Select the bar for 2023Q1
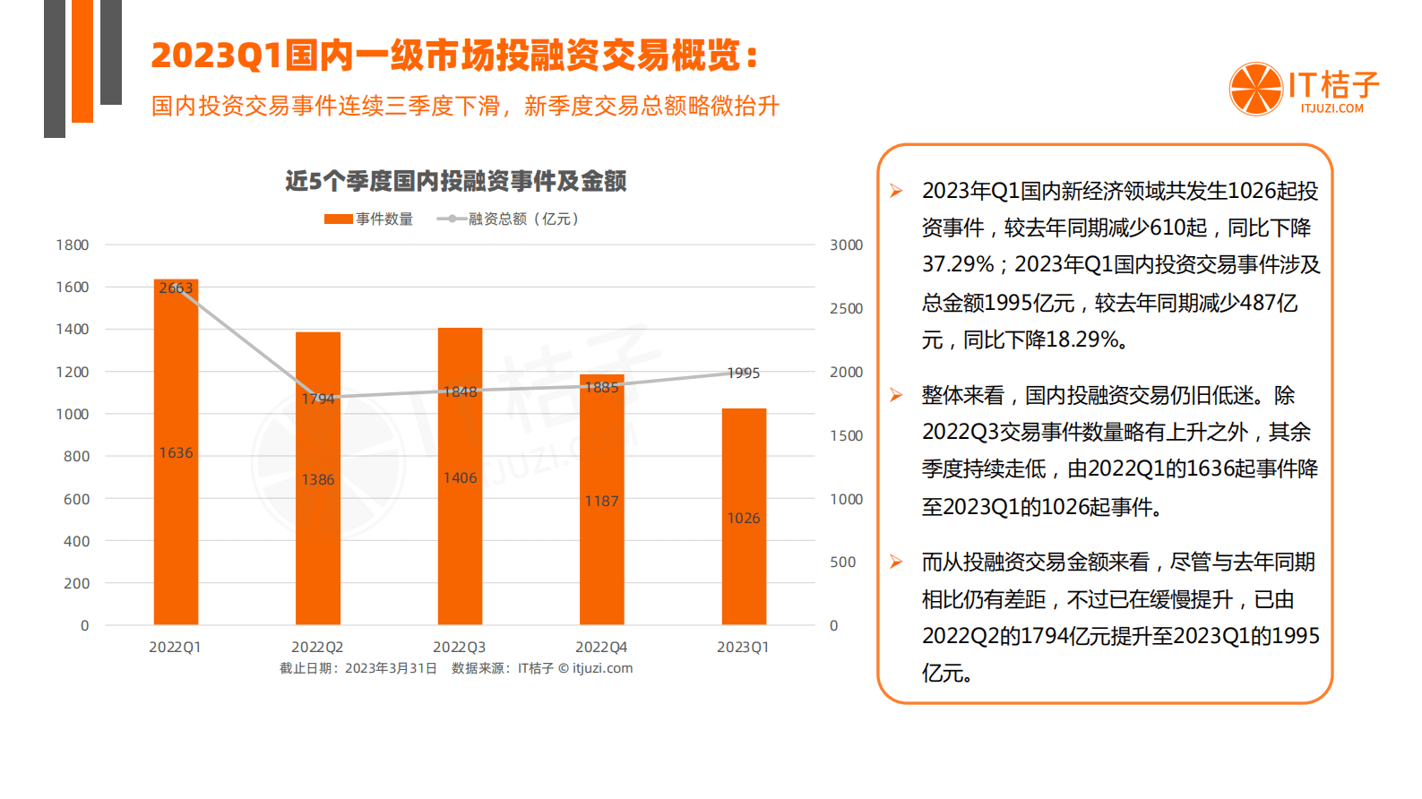(x=744, y=555)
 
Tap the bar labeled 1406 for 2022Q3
(x=460, y=537)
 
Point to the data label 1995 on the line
(x=743, y=373)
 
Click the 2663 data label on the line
(x=176, y=288)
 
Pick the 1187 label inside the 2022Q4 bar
(x=601, y=501)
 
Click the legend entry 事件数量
(x=369, y=219)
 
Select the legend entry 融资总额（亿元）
(x=509, y=219)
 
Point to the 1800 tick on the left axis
(x=73, y=245)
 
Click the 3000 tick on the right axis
(x=846, y=245)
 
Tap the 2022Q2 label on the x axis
(x=317, y=647)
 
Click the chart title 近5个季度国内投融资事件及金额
(x=455, y=181)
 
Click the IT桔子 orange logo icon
(x=1256, y=89)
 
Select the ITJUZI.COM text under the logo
(x=1332, y=108)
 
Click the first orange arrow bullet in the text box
(x=896, y=191)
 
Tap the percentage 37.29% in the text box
(x=958, y=265)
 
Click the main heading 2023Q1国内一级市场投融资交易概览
(x=454, y=56)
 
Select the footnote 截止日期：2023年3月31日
(x=358, y=668)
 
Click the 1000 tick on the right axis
(x=846, y=499)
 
